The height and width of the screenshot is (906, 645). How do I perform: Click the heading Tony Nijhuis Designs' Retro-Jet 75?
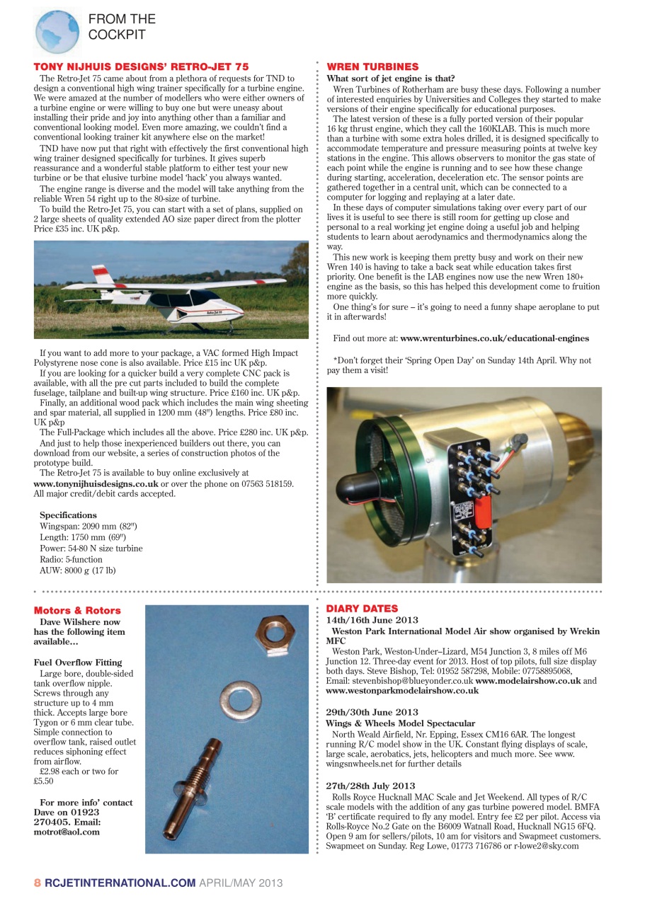[141, 67]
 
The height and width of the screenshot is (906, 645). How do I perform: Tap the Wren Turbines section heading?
[372, 67]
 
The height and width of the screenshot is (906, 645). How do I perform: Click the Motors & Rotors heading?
[77, 610]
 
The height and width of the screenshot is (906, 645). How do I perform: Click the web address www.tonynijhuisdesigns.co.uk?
[96, 483]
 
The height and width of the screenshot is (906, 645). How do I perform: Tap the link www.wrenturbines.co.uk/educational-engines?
[494, 338]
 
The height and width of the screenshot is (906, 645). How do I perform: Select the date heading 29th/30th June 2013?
[372, 712]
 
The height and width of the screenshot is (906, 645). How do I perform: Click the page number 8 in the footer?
[38, 883]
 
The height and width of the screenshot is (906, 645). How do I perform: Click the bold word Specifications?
[68, 515]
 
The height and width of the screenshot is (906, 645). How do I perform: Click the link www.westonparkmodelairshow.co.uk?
[402, 691]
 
